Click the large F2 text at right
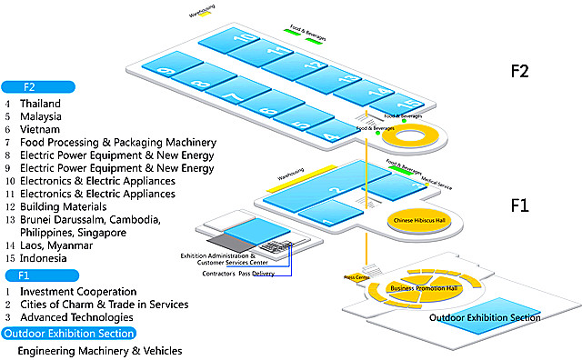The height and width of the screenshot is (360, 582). (528, 72)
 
